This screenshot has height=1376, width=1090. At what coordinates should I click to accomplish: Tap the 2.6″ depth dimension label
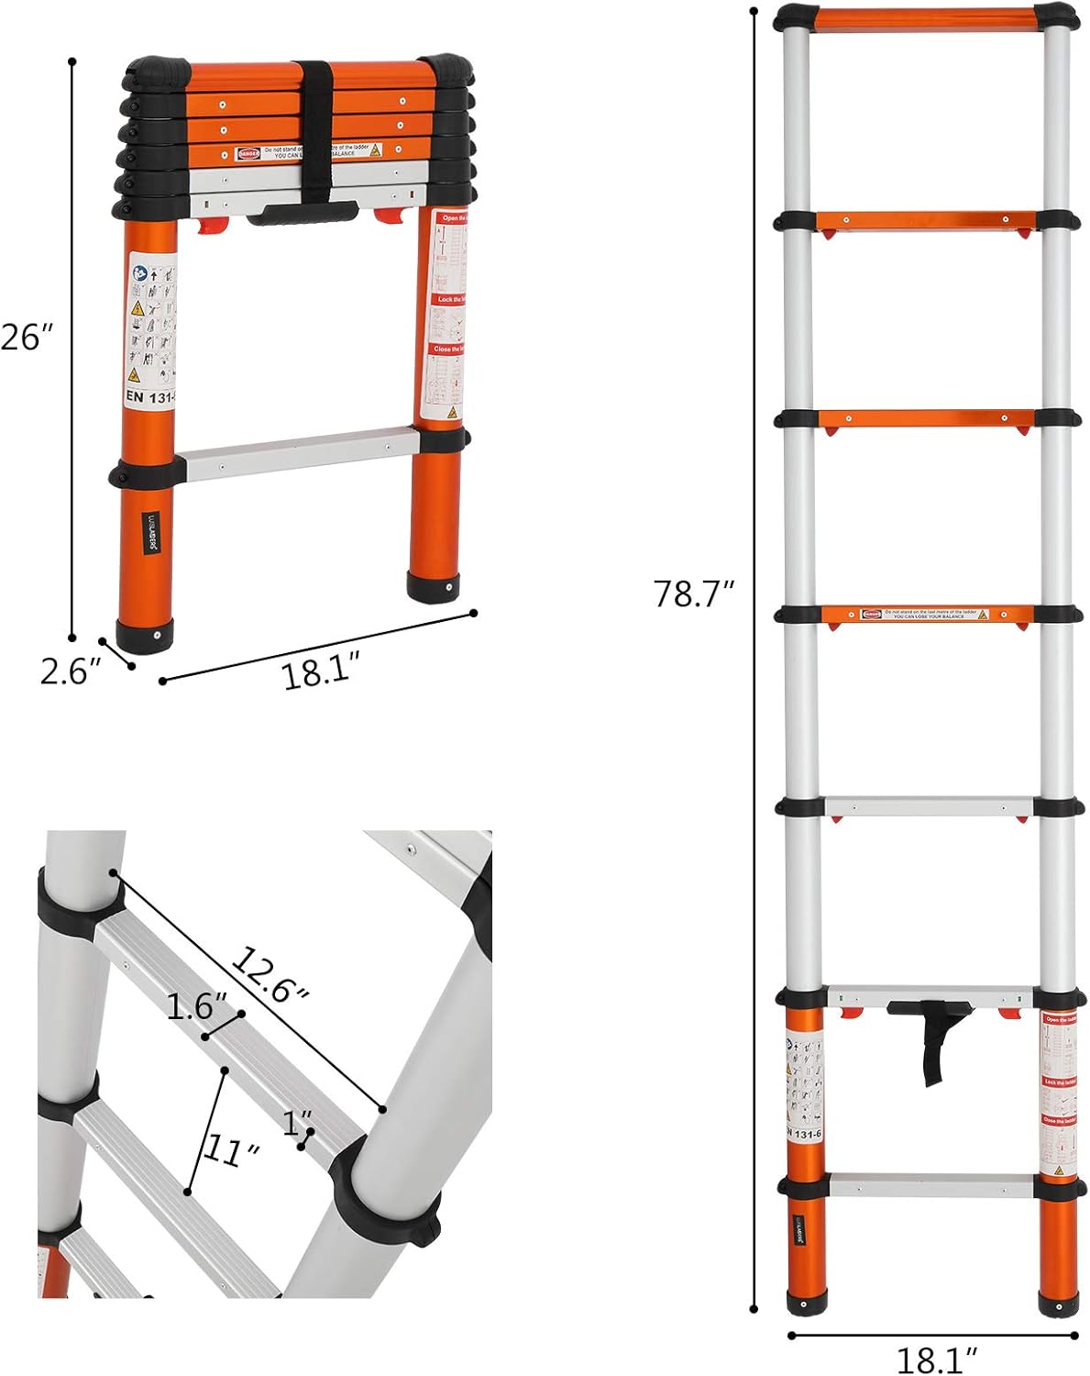(x=69, y=671)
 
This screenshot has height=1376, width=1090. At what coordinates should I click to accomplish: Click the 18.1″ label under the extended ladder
(x=936, y=1358)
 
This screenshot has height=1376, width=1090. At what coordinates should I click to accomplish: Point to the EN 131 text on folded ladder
(x=147, y=396)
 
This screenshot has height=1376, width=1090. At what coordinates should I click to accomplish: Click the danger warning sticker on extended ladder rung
(x=925, y=614)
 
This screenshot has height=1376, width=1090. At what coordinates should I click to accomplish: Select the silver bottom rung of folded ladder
(x=298, y=454)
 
